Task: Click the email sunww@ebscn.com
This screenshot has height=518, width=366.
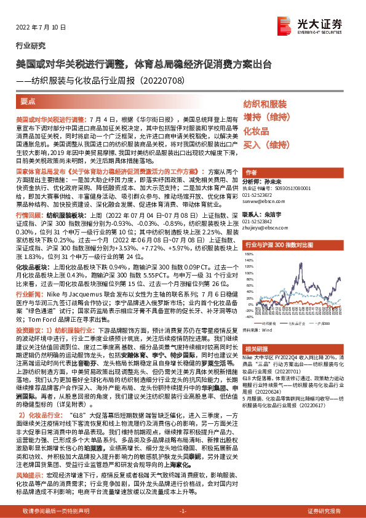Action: click(263, 201)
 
